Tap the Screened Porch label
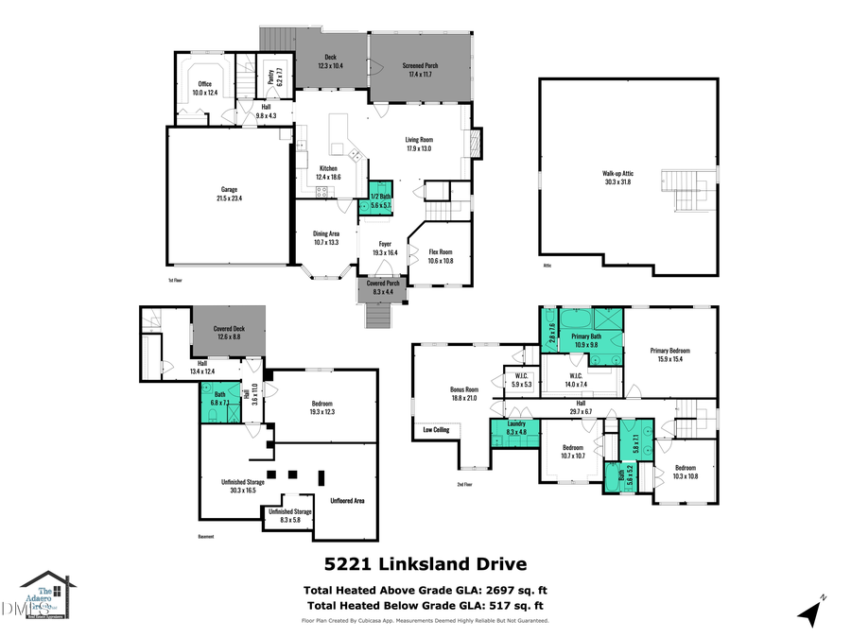tap(415, 69)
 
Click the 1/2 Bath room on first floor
tap(381, 201)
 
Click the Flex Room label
tap(441, 255)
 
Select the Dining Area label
tap(326, 237)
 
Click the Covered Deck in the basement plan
tap(227, 333)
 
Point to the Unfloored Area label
tap(347, 501)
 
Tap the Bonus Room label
tap(463, 393)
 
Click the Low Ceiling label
tap(436, 430)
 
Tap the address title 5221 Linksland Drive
tap(425, 564)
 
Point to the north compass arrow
tap(808, 612)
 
